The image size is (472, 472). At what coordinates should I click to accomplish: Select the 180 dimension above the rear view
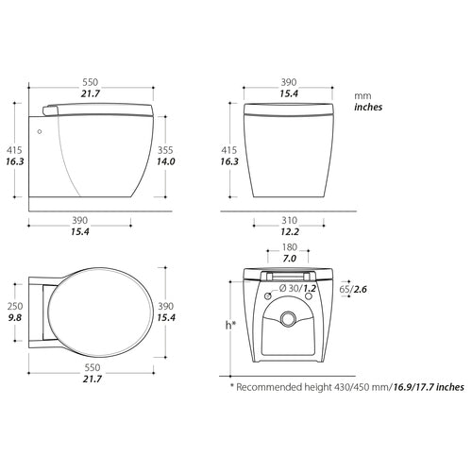point(289,246)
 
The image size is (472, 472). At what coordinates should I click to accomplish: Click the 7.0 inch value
point(289,259)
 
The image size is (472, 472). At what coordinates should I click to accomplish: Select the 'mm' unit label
point(362,95)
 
